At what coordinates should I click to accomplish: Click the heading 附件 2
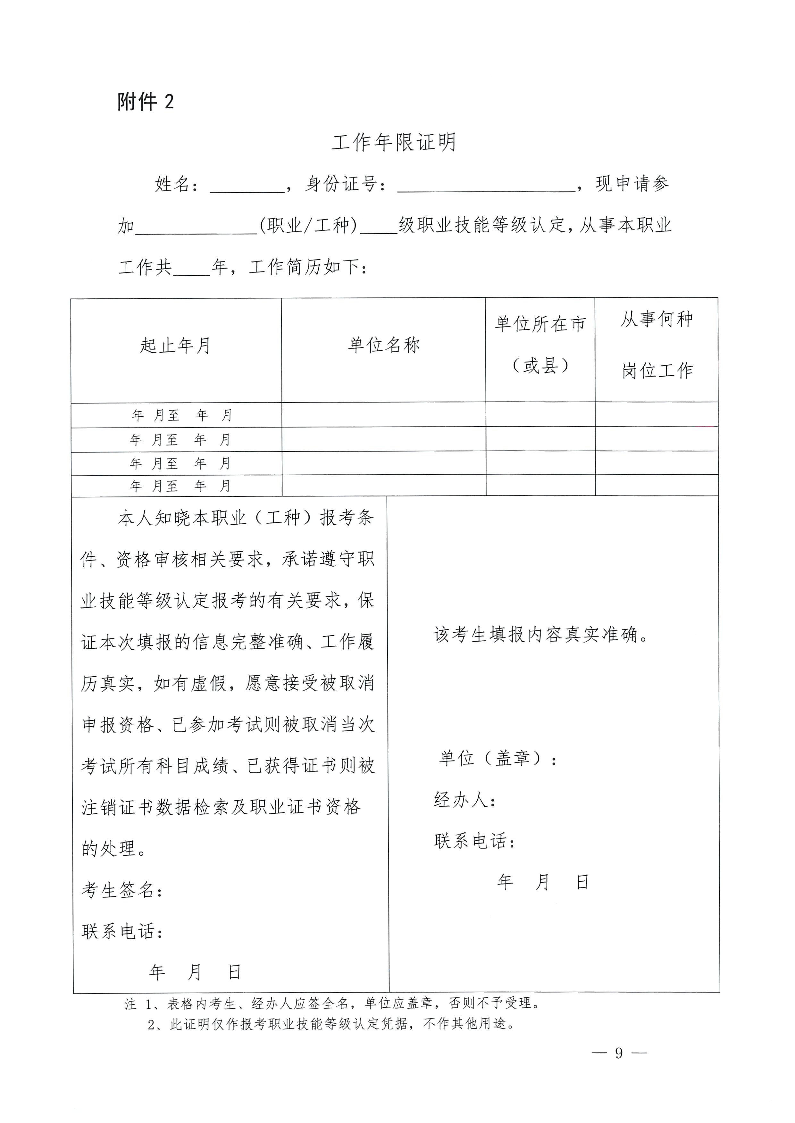pos(146,102)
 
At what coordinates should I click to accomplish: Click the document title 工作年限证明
pos(394,142)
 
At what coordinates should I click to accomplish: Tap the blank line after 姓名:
pos(247,186)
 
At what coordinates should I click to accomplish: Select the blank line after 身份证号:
pos(486,186)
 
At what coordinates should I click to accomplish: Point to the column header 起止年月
pos(176,345)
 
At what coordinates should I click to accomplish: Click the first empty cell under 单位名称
pos(384,415)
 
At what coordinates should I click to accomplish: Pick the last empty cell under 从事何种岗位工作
pos(657,486)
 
